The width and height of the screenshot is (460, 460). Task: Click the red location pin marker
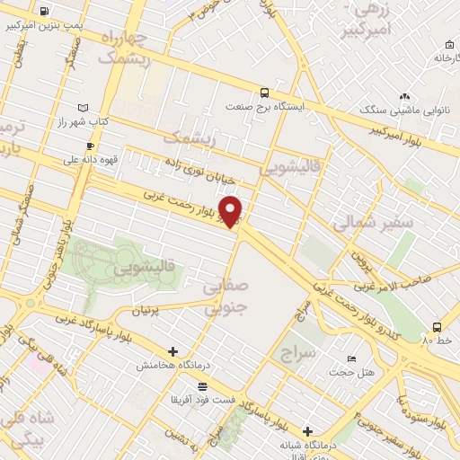(x=232, y=210)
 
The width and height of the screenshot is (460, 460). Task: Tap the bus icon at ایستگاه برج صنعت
(x=264, y=92)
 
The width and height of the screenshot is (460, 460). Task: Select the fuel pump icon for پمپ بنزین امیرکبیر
(x=45, y=12)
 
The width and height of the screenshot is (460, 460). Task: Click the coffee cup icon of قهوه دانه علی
(x=89, y=146)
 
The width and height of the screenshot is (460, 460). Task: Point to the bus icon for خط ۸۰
(x=437, y=326)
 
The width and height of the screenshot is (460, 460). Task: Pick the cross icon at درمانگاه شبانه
(x=308, y=431)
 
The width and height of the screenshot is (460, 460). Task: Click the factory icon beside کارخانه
(x=447, y=44)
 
